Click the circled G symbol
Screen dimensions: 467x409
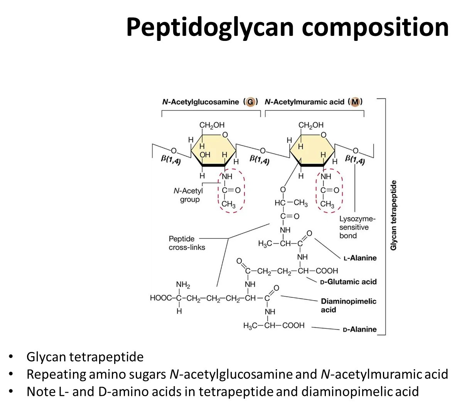click(x=251, y=102)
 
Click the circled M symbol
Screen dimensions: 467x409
click(x=355, y=102)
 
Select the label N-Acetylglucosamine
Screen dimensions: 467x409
click(x=201, y=102)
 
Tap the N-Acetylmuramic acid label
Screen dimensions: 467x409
click(x=304, y=102)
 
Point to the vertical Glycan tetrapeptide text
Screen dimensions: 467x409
click(x=394, y=215)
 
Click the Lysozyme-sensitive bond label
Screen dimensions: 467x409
click(x=356, y=227)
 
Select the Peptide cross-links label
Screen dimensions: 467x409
click(x=187, y=243)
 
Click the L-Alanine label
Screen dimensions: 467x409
click(x=360, y=258)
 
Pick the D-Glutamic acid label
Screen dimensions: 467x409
click(x=348, y=282)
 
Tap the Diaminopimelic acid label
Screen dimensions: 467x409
click(x=348, y=305)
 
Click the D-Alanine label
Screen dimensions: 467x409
click(x=359, y=330)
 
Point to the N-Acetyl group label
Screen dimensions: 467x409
click(x=189, y=195)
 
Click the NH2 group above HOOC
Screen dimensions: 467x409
click(x=183, y=285)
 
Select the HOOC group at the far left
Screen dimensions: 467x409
click(x=160, y=298)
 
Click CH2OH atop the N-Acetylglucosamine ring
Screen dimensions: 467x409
click(x=212, y=125)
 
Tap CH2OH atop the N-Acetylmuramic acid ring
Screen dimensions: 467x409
click(x=311, y=125)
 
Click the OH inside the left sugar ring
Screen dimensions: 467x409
click(x=205, y=155)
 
